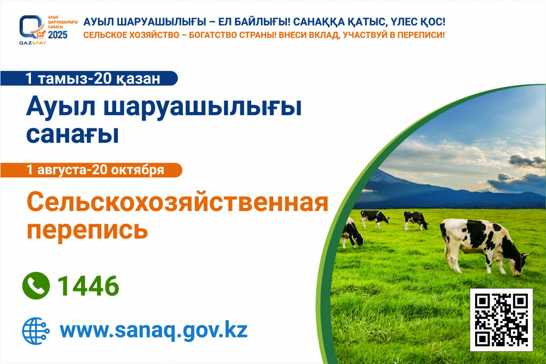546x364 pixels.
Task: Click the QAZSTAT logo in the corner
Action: (33, 30)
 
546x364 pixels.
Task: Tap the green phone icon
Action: (36, 286)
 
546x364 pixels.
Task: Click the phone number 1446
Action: (89, 286)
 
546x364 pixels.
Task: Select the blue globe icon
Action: (36, 330)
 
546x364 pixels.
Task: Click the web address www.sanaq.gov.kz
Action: (154, 330)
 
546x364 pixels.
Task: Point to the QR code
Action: (501, 319)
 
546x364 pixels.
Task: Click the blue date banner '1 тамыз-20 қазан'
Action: (89, 78)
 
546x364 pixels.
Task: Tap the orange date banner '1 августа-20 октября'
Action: (91, 170)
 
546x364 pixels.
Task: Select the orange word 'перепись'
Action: (87, 229)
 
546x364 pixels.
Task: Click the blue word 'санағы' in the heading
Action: (73, 134)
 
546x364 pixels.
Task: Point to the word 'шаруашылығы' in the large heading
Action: (203, 107)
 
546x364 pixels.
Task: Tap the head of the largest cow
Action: (523, 263)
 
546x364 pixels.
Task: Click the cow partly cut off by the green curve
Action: (352, 232)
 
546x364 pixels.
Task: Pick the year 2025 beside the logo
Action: (58, 35)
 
